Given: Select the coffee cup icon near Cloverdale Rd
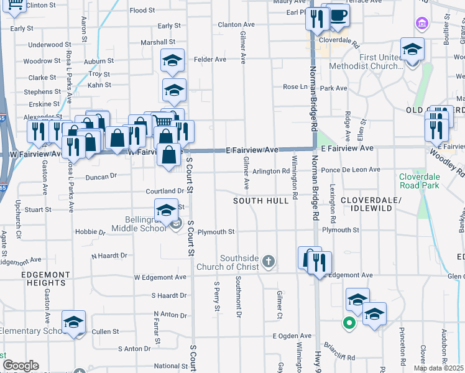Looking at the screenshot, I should point(338,16).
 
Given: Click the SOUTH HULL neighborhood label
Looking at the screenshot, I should point(261,201).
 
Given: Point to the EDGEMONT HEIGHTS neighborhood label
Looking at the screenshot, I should point(47,279).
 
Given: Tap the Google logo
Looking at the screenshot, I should point(20,366).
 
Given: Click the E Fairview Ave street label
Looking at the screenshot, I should point(252,150).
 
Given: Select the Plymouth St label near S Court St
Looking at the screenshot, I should point(215,232).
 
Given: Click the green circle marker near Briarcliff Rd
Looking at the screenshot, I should point(349,323).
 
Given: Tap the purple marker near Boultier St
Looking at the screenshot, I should point(422,24).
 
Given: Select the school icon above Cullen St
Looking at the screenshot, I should point(73,322).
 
